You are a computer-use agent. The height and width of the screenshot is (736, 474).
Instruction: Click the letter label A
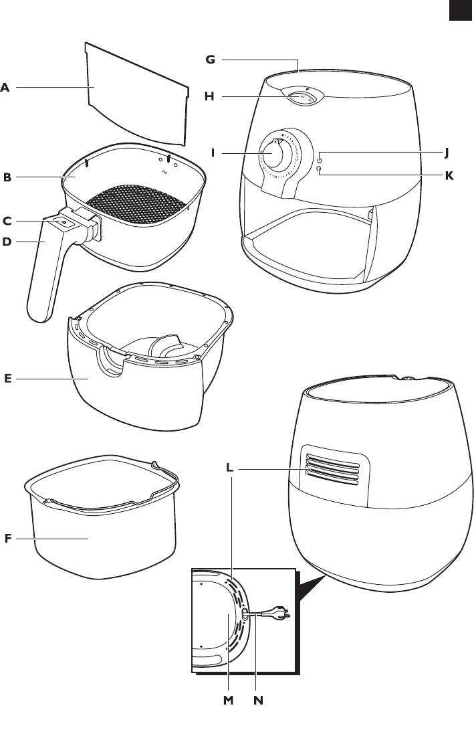tap(5, 87)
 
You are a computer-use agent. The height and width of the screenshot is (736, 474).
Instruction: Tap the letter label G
tap(210, 60)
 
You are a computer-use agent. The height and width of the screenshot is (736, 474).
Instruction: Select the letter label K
tap(449, 175)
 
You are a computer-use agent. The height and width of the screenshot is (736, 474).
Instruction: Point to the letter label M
tap(229, 701)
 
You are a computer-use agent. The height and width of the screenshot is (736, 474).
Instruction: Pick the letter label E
tap(7, 379)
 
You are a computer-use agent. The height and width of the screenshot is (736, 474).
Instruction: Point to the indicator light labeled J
tap(320, 159)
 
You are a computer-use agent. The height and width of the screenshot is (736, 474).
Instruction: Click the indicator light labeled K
tap(320, 170)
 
